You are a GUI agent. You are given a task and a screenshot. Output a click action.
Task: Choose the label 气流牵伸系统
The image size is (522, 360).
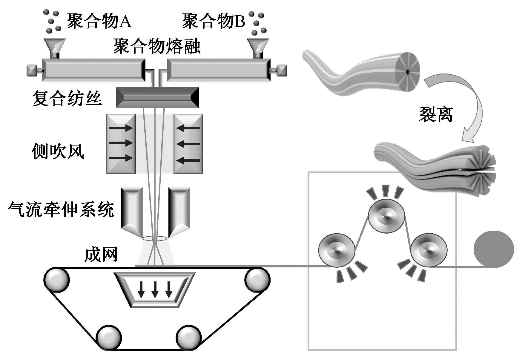pyautogui.click(x=61, y=209)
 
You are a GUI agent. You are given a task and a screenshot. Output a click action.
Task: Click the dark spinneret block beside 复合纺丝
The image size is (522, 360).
pyautogui.click(x=157, y=97)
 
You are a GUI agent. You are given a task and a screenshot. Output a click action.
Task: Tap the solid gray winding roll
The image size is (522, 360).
pyautogui.click(x=494, y=249)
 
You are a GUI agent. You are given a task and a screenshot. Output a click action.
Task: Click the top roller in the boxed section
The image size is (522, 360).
pyautogui.click(x=386, y=216)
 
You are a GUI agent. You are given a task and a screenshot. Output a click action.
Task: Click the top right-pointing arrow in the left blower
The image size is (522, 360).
pyautogui.click(x=121, y=128)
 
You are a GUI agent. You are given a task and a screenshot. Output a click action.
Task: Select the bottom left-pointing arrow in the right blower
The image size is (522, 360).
pyautogui.click(x=189, y=160)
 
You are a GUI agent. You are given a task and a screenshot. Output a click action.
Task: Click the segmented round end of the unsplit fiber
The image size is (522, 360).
pyautogui.click(x=407, y=72)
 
